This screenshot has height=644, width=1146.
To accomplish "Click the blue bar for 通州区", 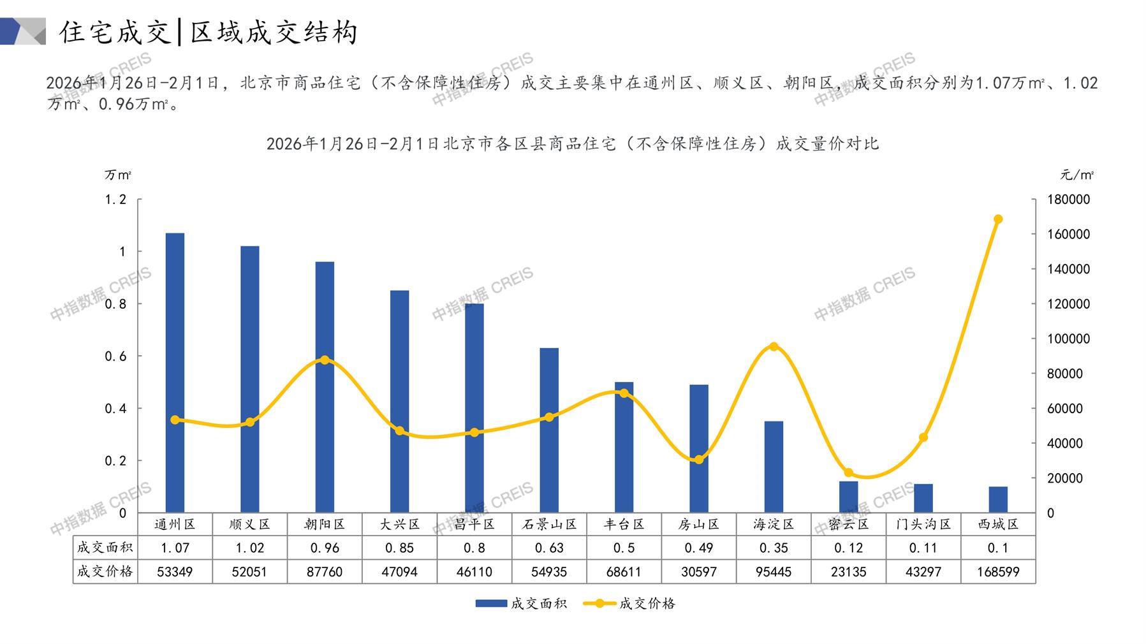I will click(175, 372).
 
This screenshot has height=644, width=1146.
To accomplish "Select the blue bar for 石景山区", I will click(549, 430).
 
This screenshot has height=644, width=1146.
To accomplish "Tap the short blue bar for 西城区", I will click(998, 499).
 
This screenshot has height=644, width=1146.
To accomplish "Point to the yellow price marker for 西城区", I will click(998, 219).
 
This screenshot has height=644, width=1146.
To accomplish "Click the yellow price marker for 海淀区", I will click(774, 347).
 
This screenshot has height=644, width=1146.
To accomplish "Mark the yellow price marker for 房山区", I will click(699, 460).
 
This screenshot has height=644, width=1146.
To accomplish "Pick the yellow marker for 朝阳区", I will click(325, 360).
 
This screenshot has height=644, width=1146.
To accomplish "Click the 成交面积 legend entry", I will click(521, 603).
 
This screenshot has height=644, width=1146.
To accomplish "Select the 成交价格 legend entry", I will click(630, 603).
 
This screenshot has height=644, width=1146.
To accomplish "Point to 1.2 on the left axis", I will click(115, 200).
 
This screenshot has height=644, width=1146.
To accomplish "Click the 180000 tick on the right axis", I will click(1068, 200).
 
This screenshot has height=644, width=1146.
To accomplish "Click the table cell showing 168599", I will click(998, 572).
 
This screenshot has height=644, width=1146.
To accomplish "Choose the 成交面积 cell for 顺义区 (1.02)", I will click(249, 548).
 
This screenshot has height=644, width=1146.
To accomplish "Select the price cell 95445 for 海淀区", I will click(774, 572).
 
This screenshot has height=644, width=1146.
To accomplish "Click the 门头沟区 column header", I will click(923, 524).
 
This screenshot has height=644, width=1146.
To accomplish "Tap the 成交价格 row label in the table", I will click(105, 571).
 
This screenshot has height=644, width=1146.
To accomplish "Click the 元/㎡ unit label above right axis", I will click(1077, 175).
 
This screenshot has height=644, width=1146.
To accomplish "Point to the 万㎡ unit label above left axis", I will click(119, 175).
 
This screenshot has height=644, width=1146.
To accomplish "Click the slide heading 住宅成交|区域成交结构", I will click(209, 32).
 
